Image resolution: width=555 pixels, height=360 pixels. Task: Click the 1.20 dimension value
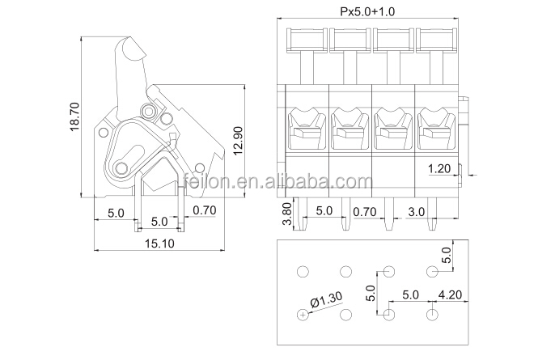tap(439, 168)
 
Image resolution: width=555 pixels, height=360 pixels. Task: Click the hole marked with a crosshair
tap(303, 314)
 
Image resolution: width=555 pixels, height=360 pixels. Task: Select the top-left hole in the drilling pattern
tap(303, 271)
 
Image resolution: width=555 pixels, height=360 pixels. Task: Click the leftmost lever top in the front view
tap(307, 36)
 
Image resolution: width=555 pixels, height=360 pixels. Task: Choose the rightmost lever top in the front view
tap(436, 36)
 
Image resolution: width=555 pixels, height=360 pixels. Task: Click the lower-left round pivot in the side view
tap(121, 167)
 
